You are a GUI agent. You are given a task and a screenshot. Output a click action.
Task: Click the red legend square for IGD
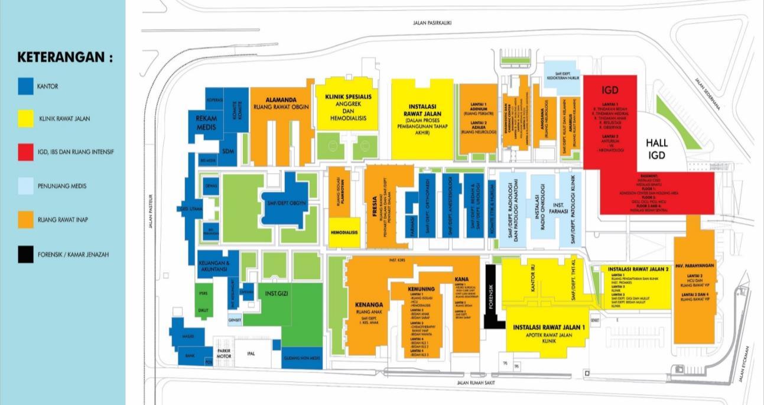(x=26, y=153)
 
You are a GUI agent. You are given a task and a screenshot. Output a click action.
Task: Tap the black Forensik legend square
(x=26, y=255)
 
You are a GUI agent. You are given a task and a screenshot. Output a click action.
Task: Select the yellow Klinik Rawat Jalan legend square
(x=26, y=119)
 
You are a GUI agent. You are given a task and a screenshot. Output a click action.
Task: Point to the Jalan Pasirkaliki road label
(x=433, y=23)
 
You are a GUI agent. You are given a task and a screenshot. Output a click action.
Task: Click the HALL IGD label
(x=656, y=150)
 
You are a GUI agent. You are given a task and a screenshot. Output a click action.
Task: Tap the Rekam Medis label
(x=207, y=122)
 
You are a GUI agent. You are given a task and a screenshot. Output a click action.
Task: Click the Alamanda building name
(x=281, y=100)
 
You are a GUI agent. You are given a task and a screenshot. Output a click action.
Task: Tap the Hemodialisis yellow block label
(x=344, y=233)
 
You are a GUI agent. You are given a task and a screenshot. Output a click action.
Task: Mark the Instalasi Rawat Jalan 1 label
(x=548, y=327)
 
